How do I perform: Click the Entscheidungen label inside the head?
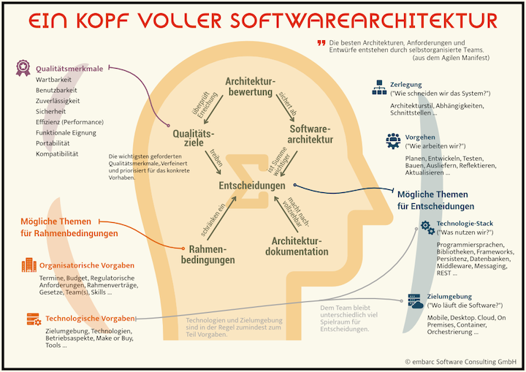[251, 186]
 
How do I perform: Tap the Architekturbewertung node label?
[250, 86]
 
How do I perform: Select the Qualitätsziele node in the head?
[194, 138]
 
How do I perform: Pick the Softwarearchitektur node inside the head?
[310, 133]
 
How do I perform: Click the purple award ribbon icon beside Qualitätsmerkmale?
[23, 69]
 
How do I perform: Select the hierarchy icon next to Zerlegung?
[378, 88]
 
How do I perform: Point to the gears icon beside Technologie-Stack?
[427, 227]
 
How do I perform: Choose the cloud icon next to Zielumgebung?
[415, 300]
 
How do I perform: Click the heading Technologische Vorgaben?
[91, 319]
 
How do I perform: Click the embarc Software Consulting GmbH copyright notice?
[460, 360]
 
